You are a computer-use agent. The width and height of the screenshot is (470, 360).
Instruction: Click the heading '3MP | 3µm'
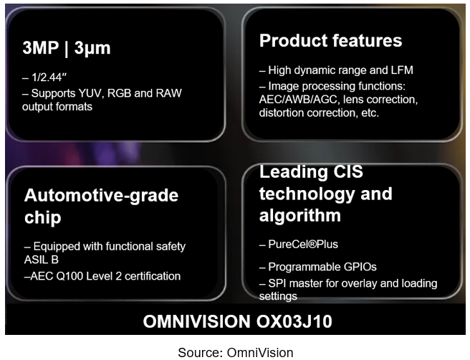pos(67,48)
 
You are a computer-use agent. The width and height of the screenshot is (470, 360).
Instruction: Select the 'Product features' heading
pos(330,40)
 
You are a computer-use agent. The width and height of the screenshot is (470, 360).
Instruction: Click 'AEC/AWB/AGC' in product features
pos(296,99)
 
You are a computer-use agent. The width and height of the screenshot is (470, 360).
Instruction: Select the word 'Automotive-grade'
pos(101,195)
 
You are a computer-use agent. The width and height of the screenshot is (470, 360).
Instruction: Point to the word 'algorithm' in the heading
pos(300,215)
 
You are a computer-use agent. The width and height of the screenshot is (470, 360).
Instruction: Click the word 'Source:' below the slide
pos(201,351)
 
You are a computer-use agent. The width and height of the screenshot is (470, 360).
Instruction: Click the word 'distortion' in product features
pos(285,113)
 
